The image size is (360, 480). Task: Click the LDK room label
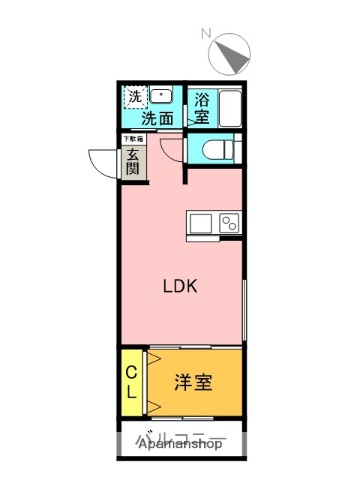[x=181, y=286]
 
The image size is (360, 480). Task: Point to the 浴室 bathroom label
[x=201, y=108]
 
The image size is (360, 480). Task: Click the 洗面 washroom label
[x=157, y=118]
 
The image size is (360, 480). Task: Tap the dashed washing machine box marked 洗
[x=134, y=98]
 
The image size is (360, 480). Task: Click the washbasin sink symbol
[x=164, y=96]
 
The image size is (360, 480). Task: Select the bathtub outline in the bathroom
[x=230, y=106]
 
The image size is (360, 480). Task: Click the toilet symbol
[x=214, y=149]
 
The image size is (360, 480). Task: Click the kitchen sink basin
[x=198, y=222]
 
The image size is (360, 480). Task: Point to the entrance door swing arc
[x=103, y=160]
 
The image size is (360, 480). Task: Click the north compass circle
[x=231, y=54]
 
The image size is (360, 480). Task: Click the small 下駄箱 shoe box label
[x=132, y=138]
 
